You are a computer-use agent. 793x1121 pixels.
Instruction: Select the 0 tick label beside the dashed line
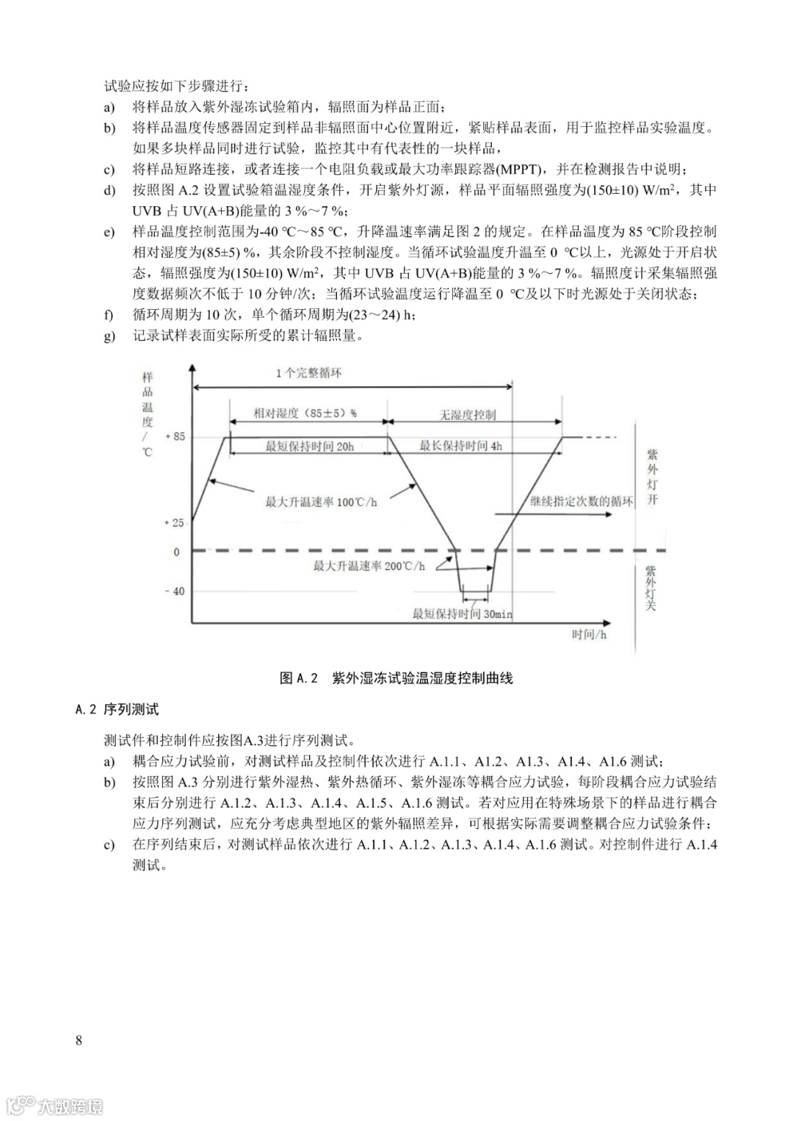(176, 552)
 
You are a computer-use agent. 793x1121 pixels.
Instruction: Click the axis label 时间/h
(589, 634)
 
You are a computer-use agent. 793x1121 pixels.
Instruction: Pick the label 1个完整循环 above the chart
(308, 373)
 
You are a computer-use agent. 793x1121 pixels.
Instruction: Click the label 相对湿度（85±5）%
(305, 413)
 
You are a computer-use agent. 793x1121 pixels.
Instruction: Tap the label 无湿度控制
(467, 415)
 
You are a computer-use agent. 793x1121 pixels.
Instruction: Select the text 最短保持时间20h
(309, 446)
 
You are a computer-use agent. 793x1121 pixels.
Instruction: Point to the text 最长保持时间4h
(460, 446)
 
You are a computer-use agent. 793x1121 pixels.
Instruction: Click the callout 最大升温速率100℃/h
(321, 502)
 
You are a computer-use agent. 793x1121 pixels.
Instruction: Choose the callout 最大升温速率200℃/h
(369, 566)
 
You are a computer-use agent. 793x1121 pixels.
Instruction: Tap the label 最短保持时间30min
(462, 614)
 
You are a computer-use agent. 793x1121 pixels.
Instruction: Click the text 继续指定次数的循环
(581, 501)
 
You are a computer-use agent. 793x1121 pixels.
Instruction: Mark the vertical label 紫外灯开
(652, 477)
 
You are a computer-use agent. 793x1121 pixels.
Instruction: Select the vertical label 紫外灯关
(651, 587)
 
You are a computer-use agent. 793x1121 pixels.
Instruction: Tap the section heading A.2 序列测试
(117, 709)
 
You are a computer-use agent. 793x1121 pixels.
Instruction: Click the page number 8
(79, 1040)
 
